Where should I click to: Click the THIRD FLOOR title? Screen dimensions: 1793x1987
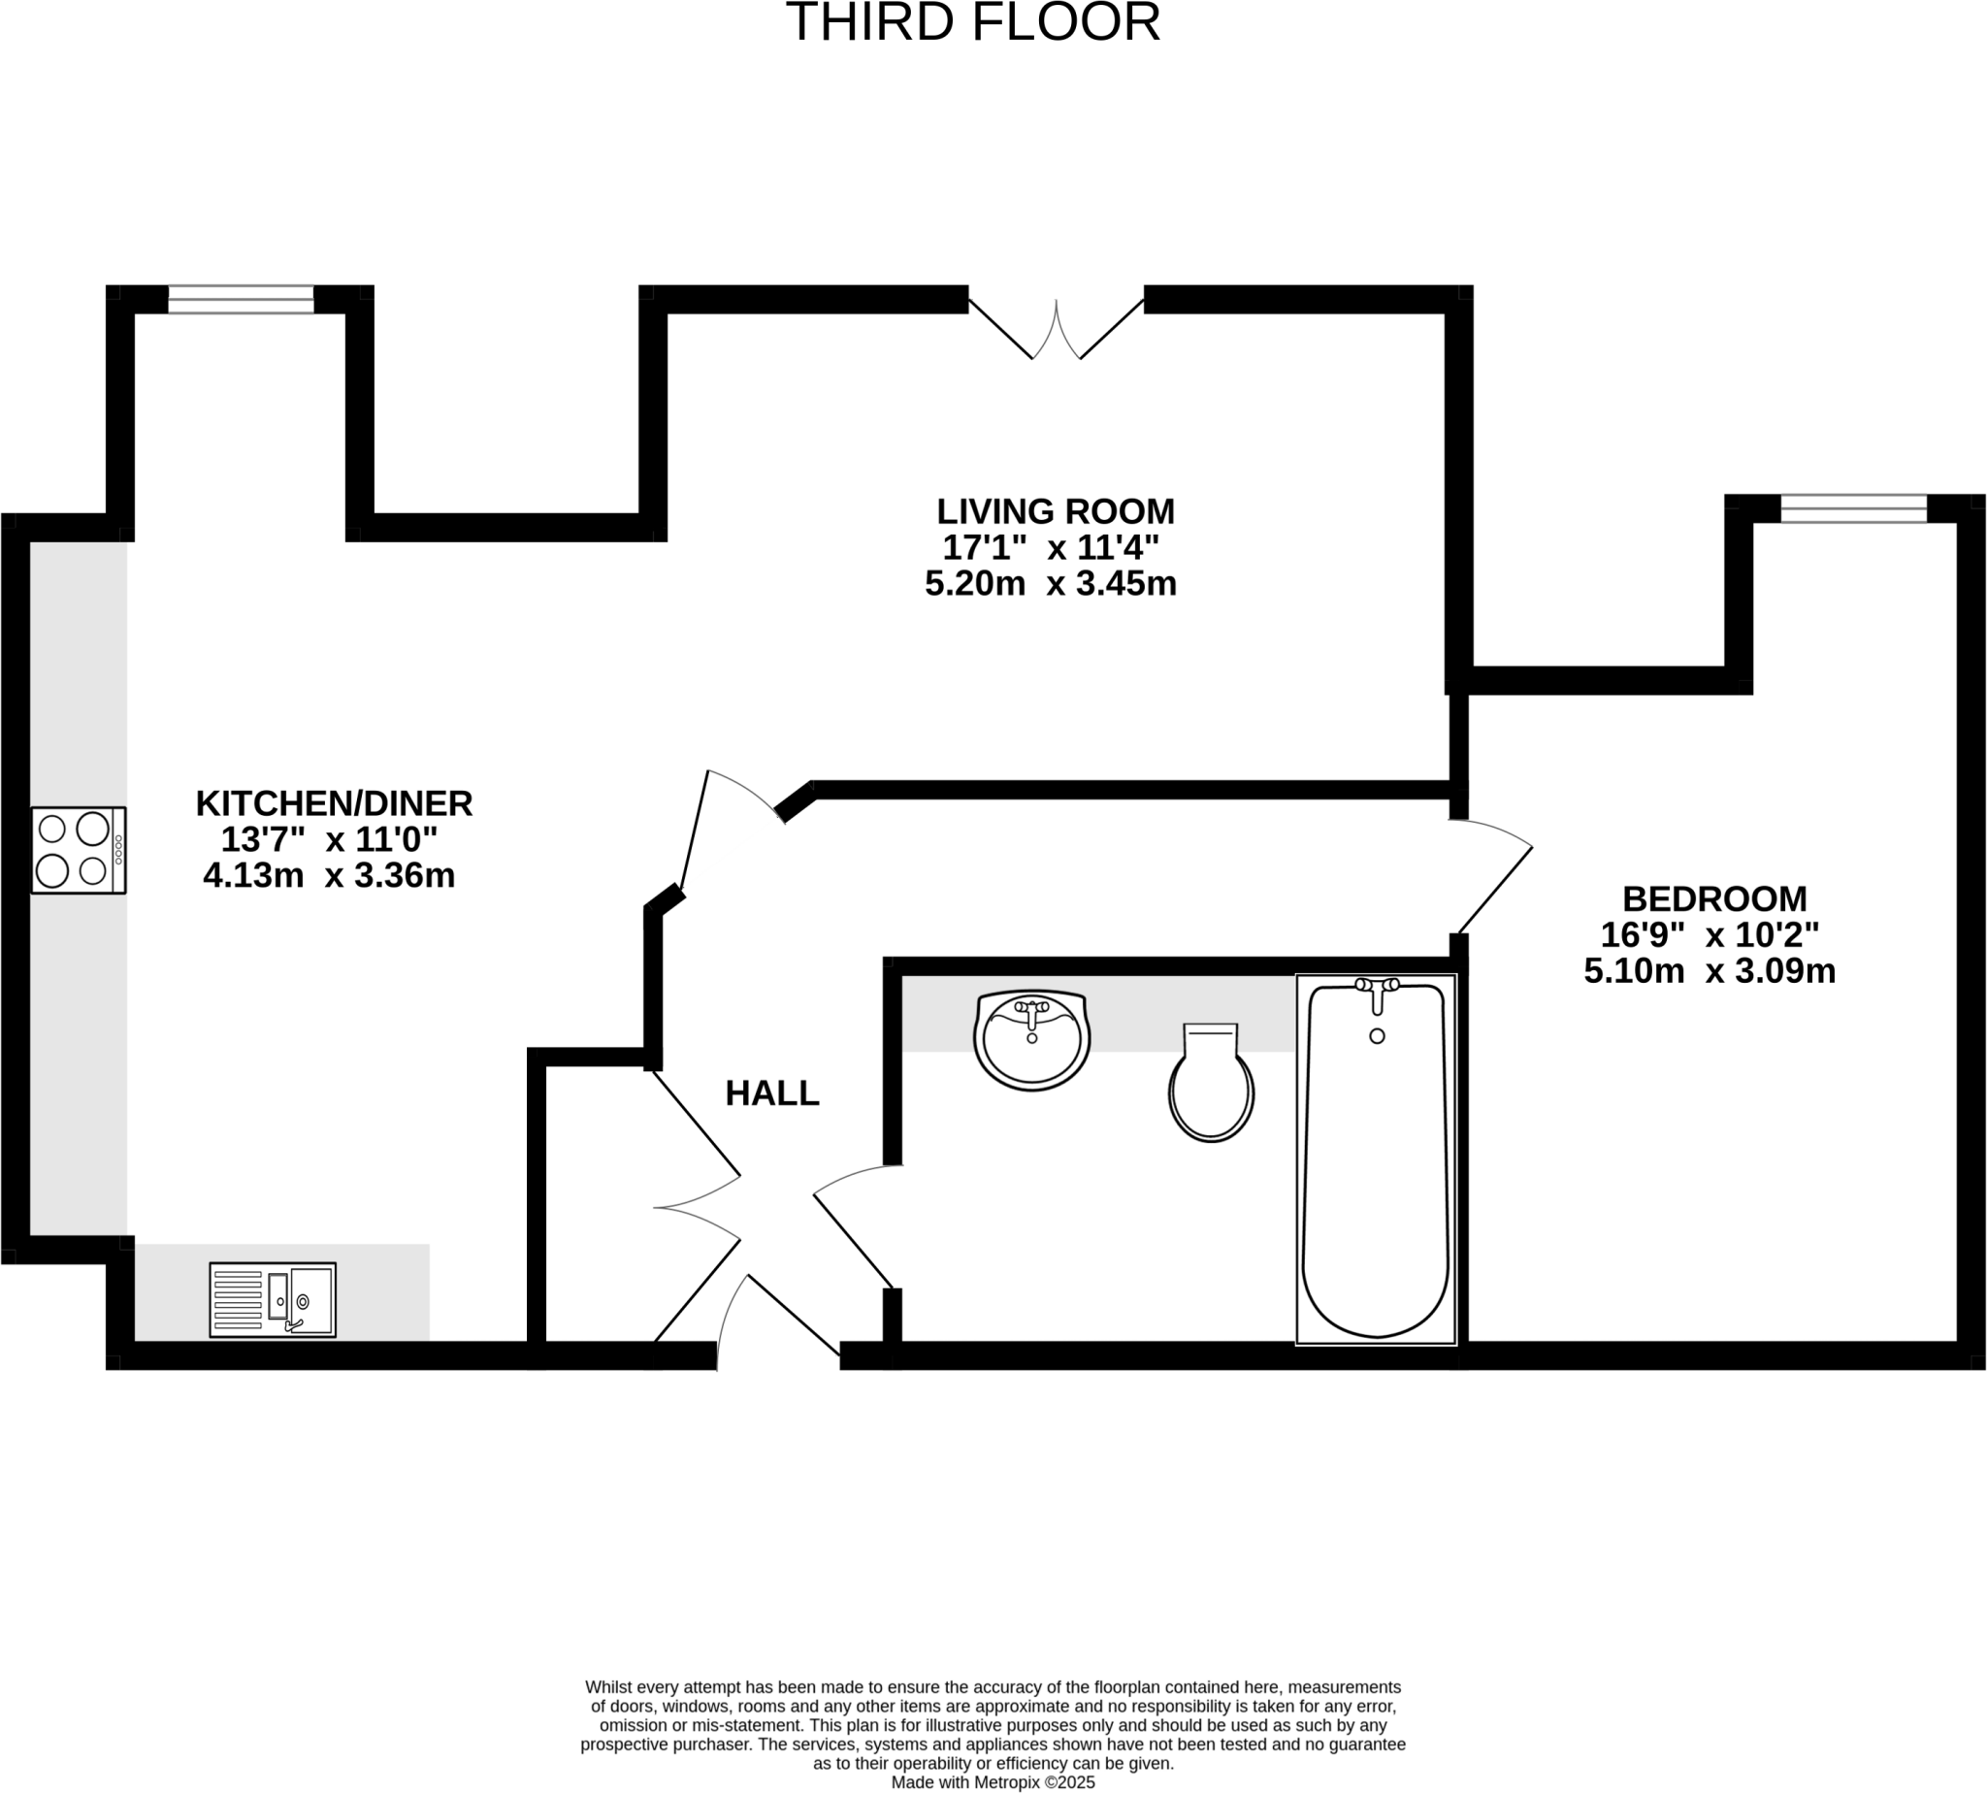[x=972, y=23]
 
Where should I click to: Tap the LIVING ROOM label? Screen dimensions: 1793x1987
[x=1054, y=511]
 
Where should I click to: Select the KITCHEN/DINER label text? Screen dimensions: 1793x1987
[x=334, y=803]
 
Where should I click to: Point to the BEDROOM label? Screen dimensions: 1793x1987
[x=1713, y=898]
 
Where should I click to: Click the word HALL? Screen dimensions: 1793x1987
[x=771, y=1092]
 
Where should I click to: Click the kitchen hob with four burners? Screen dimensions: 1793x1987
[x=78, y=849]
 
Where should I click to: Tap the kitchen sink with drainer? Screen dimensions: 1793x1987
[x=272, y=1299]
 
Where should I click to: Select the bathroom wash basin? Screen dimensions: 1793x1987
[x=1030, y=1039]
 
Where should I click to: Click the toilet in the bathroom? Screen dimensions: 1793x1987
[x=1210, y=1084]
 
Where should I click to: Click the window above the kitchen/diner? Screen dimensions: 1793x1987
[x=241, y=299]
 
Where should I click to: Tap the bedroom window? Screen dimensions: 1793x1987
[x=1852, y=508]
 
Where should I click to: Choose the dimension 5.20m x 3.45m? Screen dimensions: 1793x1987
[x=1050, y=584]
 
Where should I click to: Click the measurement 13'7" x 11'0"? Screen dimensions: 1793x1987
[x=328, y=839]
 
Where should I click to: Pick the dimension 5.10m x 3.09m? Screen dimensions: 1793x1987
[x=1709, y=971]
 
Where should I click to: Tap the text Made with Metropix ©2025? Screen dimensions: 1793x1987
[x=992, y=1782]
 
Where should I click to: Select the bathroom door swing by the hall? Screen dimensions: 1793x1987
[x=853, y=1226]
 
